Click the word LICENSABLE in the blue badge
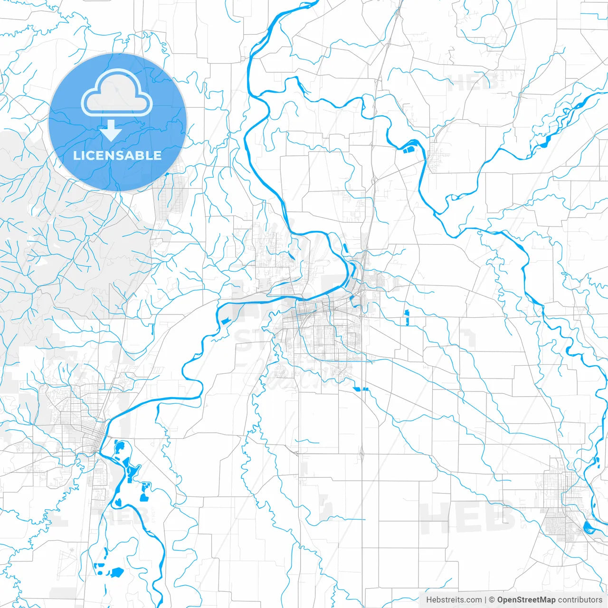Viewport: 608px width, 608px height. (x=117, y=156)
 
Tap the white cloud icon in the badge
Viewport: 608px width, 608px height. (x=117, y=93)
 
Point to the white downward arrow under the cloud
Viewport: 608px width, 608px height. (x=111, y=131)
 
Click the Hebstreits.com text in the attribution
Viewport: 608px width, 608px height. (x=454, y=600)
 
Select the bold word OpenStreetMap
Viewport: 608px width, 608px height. (x=526, y=600)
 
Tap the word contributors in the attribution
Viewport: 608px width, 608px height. (x=580, y=600)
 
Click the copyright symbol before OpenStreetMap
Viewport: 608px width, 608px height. (x=492, y=600)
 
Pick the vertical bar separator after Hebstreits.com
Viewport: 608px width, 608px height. (x=485, y=600)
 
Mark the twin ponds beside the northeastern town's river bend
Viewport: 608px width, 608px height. (x=408, y=150)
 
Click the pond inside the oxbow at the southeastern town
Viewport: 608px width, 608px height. (x=588, y=527)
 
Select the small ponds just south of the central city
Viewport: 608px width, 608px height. (x=361, y=389)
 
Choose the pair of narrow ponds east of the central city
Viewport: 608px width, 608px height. (x=407, y=317)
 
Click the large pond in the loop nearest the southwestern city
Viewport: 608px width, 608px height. (x=119, y=446)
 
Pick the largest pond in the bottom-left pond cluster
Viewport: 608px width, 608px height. (x=116, y=572)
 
